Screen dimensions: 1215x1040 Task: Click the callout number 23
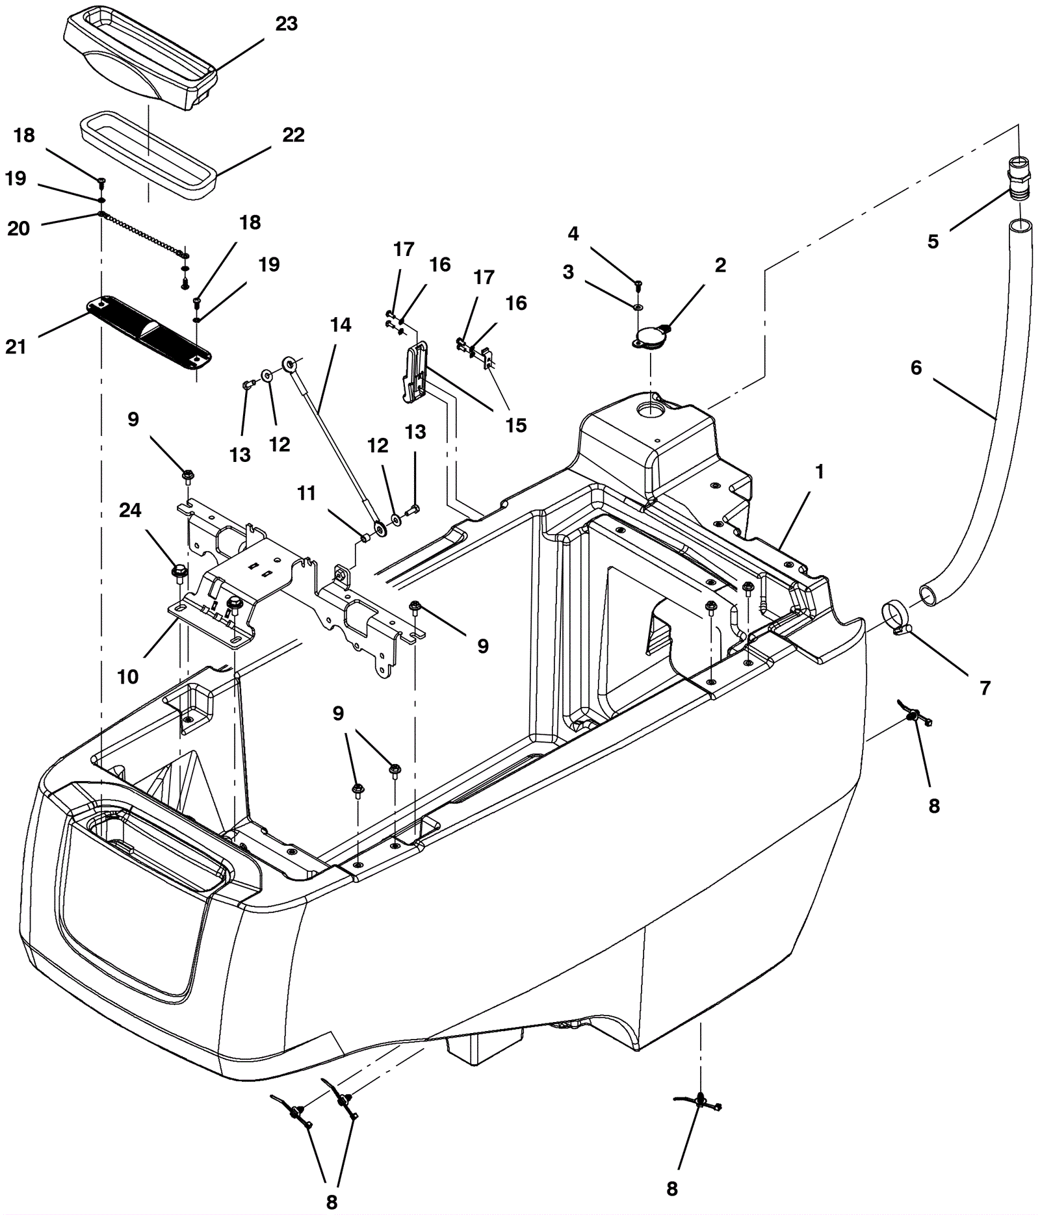(286, 24)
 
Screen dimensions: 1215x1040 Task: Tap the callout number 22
(293, 135)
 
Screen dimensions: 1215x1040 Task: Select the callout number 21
(16, 347)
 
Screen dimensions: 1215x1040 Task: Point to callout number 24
(130, 511)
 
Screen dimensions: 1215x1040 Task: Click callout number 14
(341, 325)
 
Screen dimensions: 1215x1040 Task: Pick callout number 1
(820, 472)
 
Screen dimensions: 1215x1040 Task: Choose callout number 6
(916, 368)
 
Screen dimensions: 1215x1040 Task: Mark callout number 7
(985, 687)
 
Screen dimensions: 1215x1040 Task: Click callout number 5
(933, 242)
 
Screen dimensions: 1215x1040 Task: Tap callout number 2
(720, 265)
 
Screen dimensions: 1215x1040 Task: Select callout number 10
(128, 677)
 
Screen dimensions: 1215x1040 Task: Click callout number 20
(18, 229)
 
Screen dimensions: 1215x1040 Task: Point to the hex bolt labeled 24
(177, 572)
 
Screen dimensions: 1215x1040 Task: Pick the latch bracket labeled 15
(415, 374)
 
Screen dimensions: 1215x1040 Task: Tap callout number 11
(306, 494)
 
